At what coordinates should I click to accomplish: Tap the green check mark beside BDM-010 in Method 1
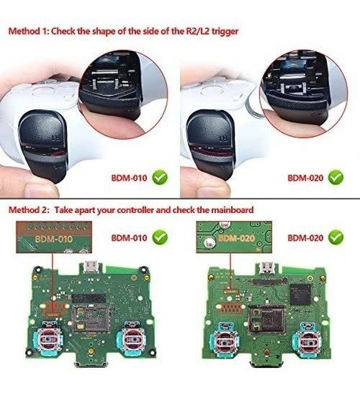coord(161,178)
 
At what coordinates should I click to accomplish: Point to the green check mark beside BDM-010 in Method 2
coord(160,237)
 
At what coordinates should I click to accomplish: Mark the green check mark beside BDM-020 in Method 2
coord(336,236)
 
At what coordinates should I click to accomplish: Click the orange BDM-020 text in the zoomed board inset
coord(236,237)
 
